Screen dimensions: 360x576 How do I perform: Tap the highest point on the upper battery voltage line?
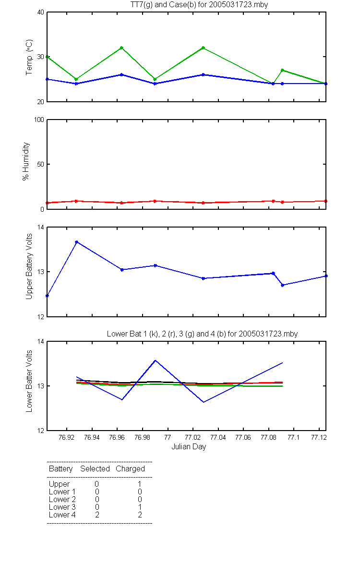tap(76, 242)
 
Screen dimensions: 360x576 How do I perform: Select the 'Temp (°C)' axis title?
tap(29, 57)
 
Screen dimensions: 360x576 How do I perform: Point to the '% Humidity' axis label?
tap(26, 161)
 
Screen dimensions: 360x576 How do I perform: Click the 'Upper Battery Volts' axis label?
tap(29, 266)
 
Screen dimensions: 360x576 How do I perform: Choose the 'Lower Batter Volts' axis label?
tap(29, 381)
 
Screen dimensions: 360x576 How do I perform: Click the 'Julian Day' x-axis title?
tap(189, 447)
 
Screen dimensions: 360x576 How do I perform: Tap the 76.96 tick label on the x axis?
tap(117, 437)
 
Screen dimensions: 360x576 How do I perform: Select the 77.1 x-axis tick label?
tap(293, 437)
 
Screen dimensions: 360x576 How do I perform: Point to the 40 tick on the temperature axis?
tap(41, 12)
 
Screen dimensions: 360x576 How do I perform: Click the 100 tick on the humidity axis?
tap(39, 120)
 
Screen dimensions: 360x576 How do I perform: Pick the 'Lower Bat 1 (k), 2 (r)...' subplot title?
tap(203, 334)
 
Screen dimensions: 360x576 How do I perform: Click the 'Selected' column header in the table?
tap(95, 468)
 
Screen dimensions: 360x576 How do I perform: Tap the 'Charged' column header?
tap(130, 469)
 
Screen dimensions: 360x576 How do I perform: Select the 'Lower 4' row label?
tap(62, 515)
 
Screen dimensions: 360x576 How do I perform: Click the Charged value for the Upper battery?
tap(139, 484)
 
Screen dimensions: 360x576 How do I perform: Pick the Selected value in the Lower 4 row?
tap(97, 515)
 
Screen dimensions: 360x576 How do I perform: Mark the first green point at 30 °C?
tap(48, 57)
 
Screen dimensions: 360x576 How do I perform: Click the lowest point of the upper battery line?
tap(48, 296)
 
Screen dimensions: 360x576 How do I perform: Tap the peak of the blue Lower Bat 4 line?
tap(155, 360)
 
